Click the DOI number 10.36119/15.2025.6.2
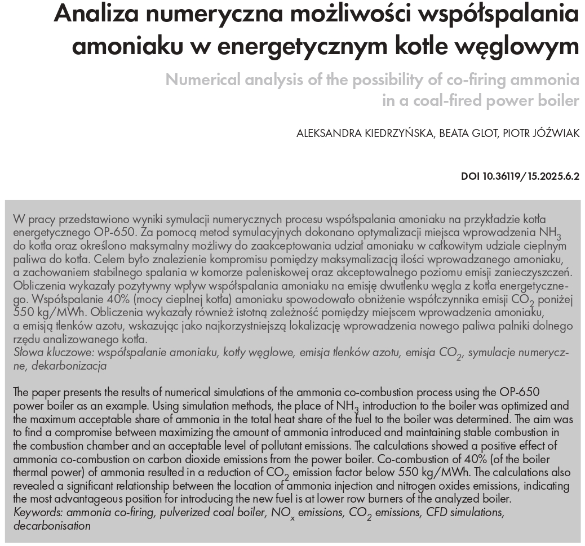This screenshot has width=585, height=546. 531,176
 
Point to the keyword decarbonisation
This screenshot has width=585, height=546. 52,526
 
